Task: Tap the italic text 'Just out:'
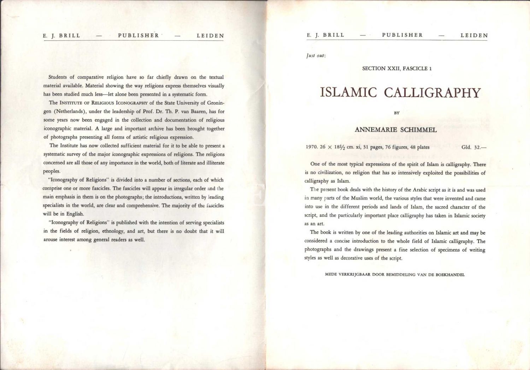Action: (x=316, y=56)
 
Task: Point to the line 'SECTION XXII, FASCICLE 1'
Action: (x=397, y=68)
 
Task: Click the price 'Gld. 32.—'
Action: (x=473, y=147)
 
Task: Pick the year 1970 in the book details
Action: (x=312, y=147)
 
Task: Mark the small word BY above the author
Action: (x=397, y=113)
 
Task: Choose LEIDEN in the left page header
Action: (x=210, y=36)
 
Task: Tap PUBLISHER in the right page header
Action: (x=402, y=35)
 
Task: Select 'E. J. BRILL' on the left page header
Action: (x=61, y=36)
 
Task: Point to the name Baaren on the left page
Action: (x=198, y=112)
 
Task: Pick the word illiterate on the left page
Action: (x=213, y=163)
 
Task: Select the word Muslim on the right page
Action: (x=359, y=198)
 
